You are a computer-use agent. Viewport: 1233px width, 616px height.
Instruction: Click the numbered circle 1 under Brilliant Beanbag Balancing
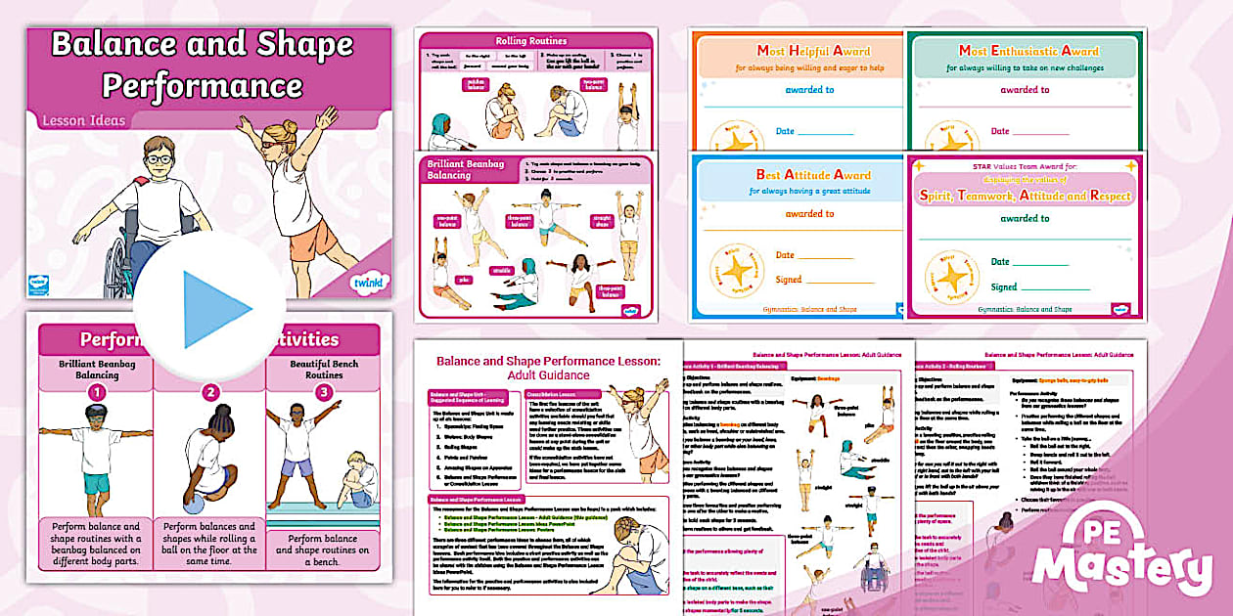96,391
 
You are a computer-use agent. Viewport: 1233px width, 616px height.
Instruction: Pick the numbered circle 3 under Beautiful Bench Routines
322,391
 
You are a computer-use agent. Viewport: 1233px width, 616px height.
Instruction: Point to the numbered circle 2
209,391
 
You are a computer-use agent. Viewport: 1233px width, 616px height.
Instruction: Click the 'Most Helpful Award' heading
799,50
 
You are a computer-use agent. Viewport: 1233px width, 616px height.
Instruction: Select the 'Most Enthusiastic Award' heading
1027,50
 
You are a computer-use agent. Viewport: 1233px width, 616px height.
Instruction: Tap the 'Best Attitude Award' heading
799,175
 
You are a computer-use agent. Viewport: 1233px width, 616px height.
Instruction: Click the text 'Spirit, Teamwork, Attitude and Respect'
1025,195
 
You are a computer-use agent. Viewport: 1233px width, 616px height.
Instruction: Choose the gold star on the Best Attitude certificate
736,271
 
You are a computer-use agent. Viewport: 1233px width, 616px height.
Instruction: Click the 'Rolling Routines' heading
536,40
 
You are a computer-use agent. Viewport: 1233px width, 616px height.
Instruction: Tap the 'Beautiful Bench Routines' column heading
322,368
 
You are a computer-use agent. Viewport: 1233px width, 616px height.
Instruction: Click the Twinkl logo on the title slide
365,284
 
